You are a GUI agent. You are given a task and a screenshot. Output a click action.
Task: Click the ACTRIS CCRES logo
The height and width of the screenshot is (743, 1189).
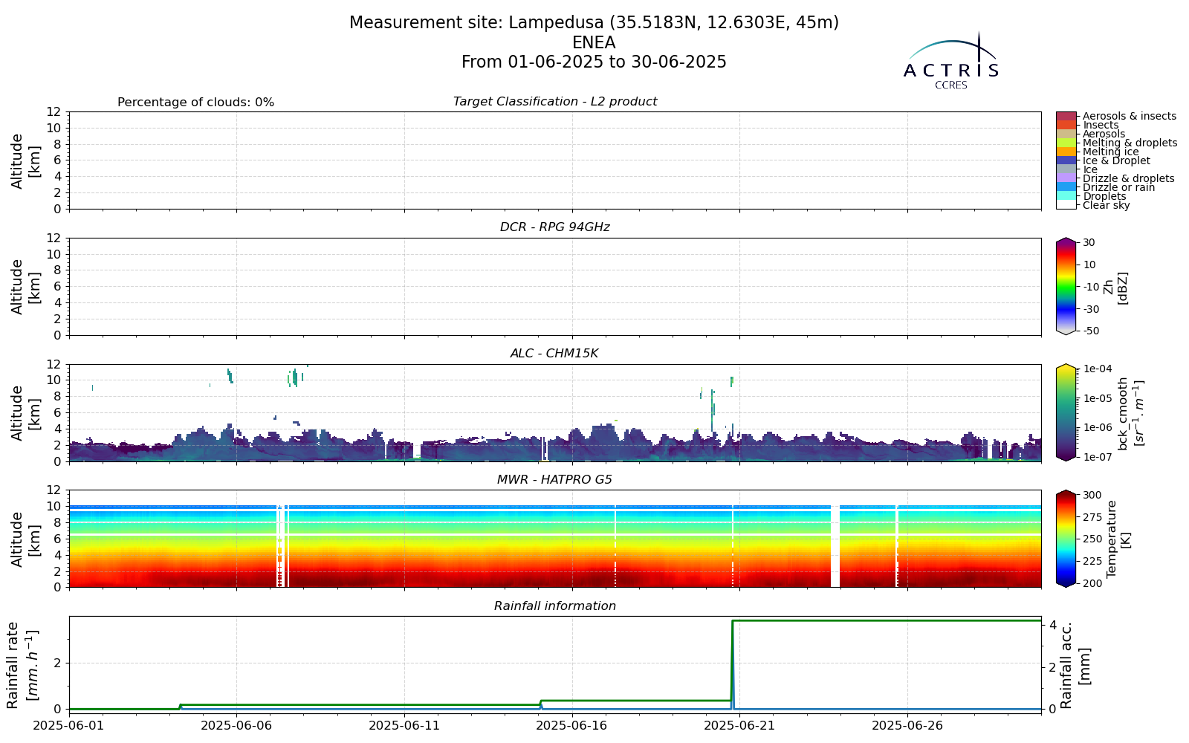coord(950,60)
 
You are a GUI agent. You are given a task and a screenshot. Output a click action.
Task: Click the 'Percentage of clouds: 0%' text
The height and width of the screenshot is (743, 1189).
coord(195,103)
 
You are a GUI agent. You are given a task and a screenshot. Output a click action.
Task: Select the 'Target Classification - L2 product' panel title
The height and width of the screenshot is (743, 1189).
coord(554,101)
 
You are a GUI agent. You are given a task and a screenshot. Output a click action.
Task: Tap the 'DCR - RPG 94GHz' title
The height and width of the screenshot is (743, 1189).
coord(554,227)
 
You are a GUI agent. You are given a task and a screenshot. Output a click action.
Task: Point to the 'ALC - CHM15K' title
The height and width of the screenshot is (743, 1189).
coord(554,354)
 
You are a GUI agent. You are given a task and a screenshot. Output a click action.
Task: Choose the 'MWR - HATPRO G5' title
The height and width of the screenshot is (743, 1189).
coord(554,480)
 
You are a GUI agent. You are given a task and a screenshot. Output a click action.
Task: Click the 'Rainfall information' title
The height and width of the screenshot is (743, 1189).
coord(554,606)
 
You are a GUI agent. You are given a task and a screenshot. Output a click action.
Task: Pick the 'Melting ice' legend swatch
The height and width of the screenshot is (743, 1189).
coord(1066,152)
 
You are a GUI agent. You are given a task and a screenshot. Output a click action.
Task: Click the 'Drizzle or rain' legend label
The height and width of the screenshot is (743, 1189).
coord(1118,187)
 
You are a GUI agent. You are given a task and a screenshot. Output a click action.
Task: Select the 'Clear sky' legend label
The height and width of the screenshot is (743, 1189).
coord(1107,205)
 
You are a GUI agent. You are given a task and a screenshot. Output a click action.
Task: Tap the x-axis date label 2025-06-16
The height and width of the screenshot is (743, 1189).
coord(572,725)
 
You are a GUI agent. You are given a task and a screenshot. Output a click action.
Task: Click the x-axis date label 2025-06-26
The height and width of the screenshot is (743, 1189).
coord(907,725)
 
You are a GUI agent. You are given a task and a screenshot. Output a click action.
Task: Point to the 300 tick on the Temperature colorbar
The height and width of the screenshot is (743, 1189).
coord(1092,495)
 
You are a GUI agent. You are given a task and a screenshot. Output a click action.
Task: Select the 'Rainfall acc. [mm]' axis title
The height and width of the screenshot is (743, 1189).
coord(1075,665)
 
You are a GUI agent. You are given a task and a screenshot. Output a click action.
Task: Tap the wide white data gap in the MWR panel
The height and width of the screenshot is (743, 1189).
coord(835,546)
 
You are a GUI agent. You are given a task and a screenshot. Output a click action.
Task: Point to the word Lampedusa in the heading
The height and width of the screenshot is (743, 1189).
coord(556,23)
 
